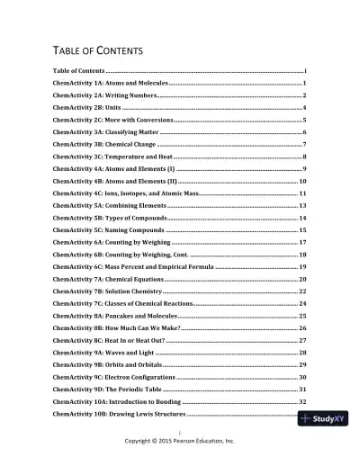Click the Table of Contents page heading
99,50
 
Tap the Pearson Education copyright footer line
179,443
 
